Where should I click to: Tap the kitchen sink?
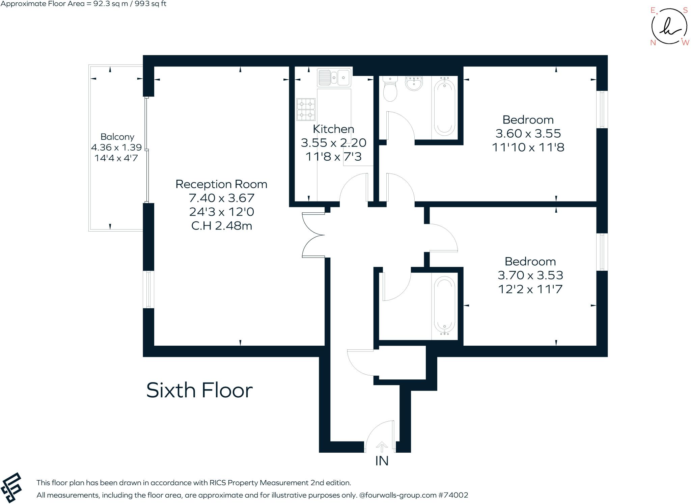(334, 78)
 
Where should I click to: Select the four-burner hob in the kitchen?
(306, 109)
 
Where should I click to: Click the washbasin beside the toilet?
(414, 83)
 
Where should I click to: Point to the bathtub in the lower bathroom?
(444, 306)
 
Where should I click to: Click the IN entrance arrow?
(382, 447)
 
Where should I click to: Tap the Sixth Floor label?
(199, 391)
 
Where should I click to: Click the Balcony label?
(117, 137)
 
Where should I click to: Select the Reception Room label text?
(221, 184)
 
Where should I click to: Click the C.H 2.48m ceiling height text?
(222, 226)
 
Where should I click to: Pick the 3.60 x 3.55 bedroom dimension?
(528, 133)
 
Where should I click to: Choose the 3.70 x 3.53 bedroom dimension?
(530, 275)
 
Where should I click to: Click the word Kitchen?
(333, 129)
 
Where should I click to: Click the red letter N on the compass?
(653, 43)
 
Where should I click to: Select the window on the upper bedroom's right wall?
(602, 109)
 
